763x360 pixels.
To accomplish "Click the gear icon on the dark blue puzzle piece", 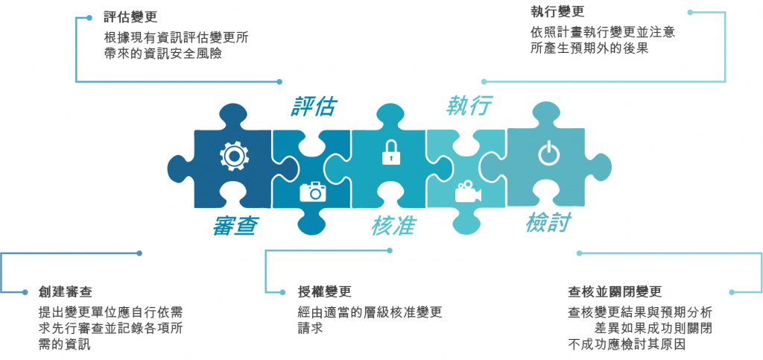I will click(232, 156).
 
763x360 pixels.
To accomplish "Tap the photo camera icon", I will click(314, 192).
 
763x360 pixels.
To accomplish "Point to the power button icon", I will click(548, 154).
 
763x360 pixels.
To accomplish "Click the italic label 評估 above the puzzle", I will click(313, 107).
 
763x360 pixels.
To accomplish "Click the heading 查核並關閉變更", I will click(615, 291).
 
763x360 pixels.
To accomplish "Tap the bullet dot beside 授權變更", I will click(281, 291).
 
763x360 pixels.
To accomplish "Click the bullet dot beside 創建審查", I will click(25, 291).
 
